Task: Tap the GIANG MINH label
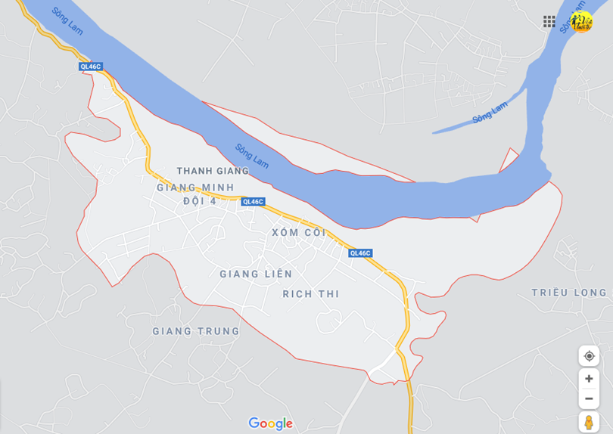click(x=195, y=187)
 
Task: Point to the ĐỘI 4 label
click(x=200, y=201)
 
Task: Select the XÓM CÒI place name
click(x=299, y=232)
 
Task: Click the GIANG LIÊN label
click(x=256, y=274)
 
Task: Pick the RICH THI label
click(x=311, y=293)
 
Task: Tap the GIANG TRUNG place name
click(x=195, y=331)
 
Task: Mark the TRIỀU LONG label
click(x=569, y=293)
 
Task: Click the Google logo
click(x=270, y=423)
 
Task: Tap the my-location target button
click(x=589, y=356)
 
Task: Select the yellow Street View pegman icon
click(x=589, y=422)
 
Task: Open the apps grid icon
click(x=549, y=22)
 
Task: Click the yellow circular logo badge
click(x=581, y=21)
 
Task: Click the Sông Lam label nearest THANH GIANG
click(x=252, y=156)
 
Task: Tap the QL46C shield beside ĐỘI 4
click(x=253, y=202)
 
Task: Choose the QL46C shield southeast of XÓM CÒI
click(x=360, y=253)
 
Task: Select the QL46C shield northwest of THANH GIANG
click(x=90, y=67)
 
